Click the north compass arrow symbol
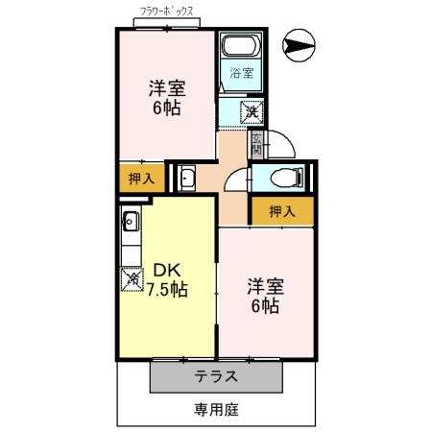[x=300, y=43]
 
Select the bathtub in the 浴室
[x=239, y=47]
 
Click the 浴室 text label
[x=240, y=72]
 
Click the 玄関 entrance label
[x=256, y=145]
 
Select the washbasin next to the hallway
[x=186, y=178]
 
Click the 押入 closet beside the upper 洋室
[x=140, y=178]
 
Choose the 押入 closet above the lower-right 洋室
[x=280, y=211]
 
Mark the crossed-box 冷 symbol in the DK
[x=131, y=281]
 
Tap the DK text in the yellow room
[x=165, y=270]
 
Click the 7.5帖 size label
[x=166, y=289]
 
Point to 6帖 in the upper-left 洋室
[x=165, y=108]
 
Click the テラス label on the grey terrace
[x=217, y=376]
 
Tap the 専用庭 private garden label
[x=216, y=410]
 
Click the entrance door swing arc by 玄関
[x=278, y=147]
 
